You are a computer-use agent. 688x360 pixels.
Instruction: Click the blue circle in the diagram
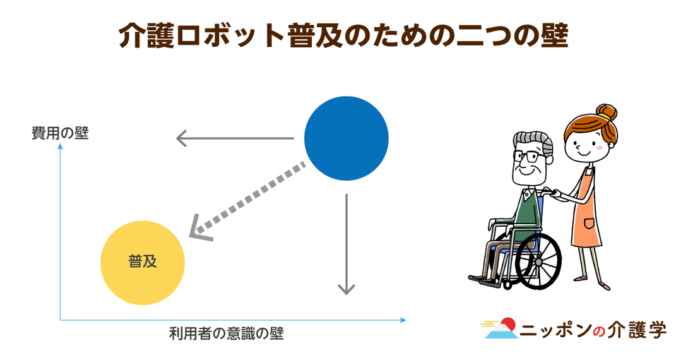point(346,138)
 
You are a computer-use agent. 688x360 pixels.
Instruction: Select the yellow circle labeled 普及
point(143,263)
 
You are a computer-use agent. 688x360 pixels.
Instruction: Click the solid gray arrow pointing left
point(235,138)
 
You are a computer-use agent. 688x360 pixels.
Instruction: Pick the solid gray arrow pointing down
point(346,244)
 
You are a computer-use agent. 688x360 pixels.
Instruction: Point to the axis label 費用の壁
point(60,133)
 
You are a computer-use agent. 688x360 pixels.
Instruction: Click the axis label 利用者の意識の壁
point(227,333)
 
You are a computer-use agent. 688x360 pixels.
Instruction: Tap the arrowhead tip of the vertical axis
point(61,144)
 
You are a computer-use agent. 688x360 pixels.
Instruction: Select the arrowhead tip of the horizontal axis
point(406,320)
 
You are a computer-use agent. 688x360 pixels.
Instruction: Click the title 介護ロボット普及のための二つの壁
point(343,35)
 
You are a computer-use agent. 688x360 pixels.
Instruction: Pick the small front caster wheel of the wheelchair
point(507,284)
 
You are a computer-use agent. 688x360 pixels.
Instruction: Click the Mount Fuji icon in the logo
point(500,328)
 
